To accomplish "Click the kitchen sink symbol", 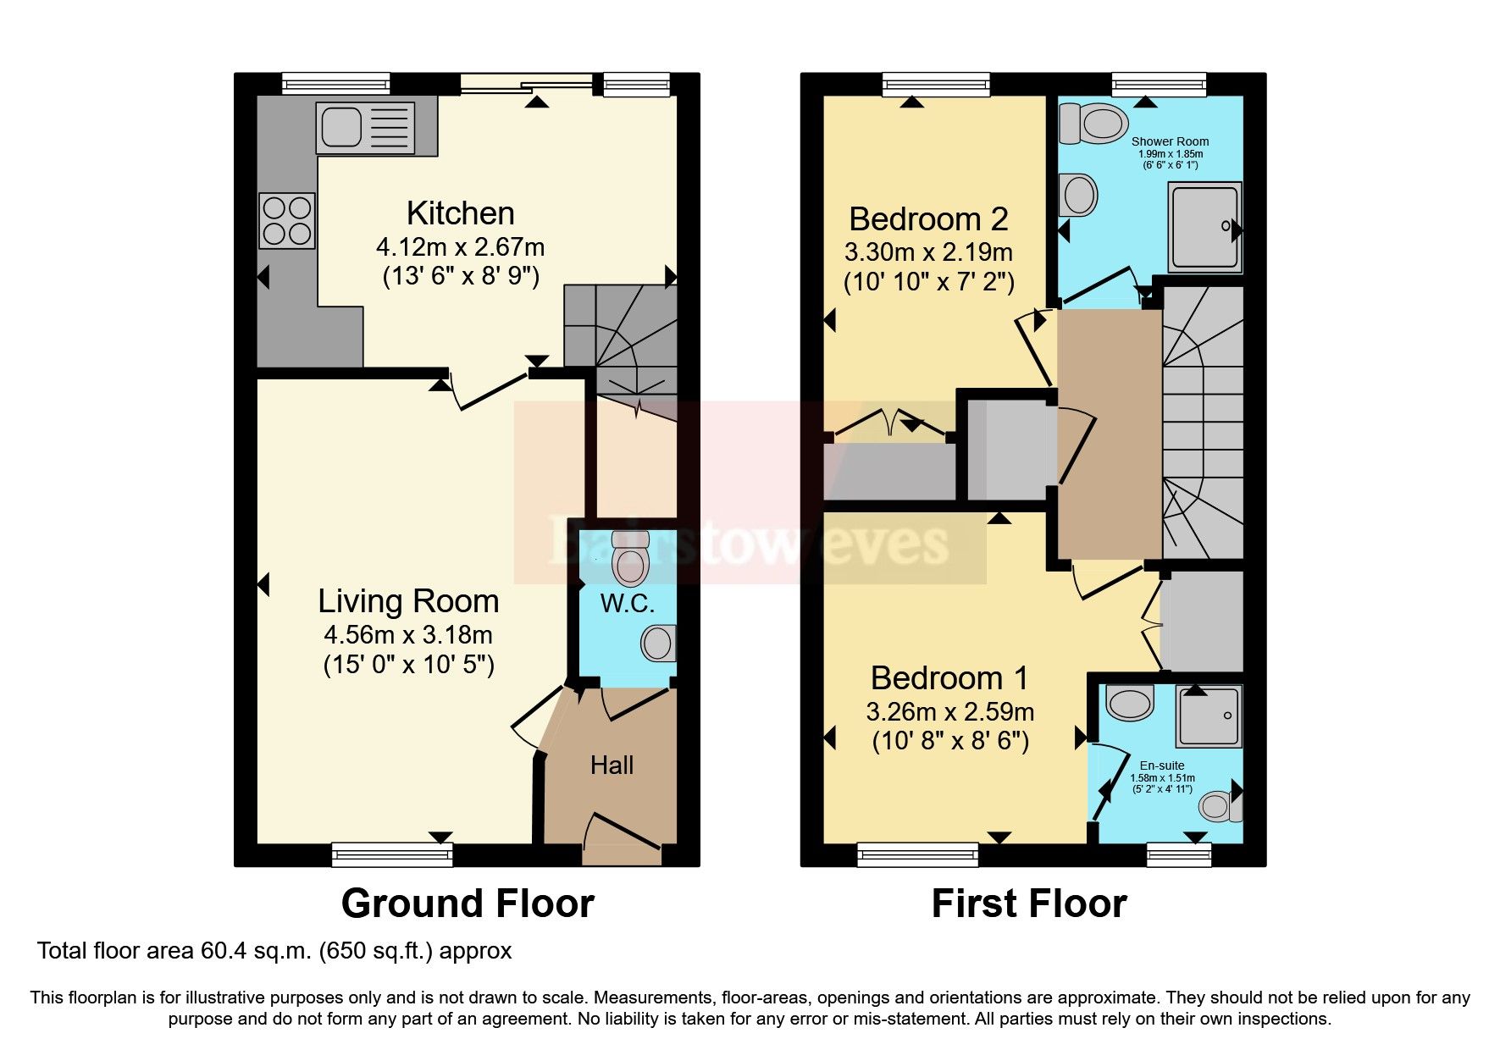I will (365, 129).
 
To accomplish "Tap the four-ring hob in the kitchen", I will (287, 220).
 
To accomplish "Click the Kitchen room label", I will (460, 213).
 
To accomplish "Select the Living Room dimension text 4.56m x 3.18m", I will (408, 635).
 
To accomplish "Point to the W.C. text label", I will (627, 604).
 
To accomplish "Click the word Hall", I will (612, 765).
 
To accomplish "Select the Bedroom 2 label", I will (928, 219).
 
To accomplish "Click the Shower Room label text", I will (1170, 141).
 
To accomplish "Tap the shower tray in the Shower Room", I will (1204, 227).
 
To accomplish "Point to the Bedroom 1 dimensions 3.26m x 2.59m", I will (949, 712).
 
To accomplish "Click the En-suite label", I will (1162, 765).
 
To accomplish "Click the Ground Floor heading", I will (468, 904).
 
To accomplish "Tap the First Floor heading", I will (1028, 904).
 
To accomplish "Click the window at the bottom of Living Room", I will (392, 855).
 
